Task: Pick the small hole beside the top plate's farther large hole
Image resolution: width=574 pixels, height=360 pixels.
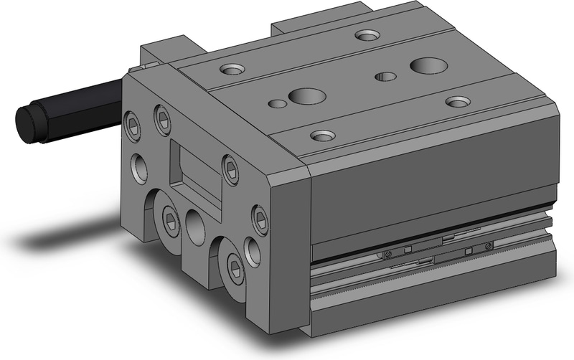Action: (x=387, y=75)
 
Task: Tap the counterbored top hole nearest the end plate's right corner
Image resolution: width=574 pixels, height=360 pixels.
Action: (x=322, y=134)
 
